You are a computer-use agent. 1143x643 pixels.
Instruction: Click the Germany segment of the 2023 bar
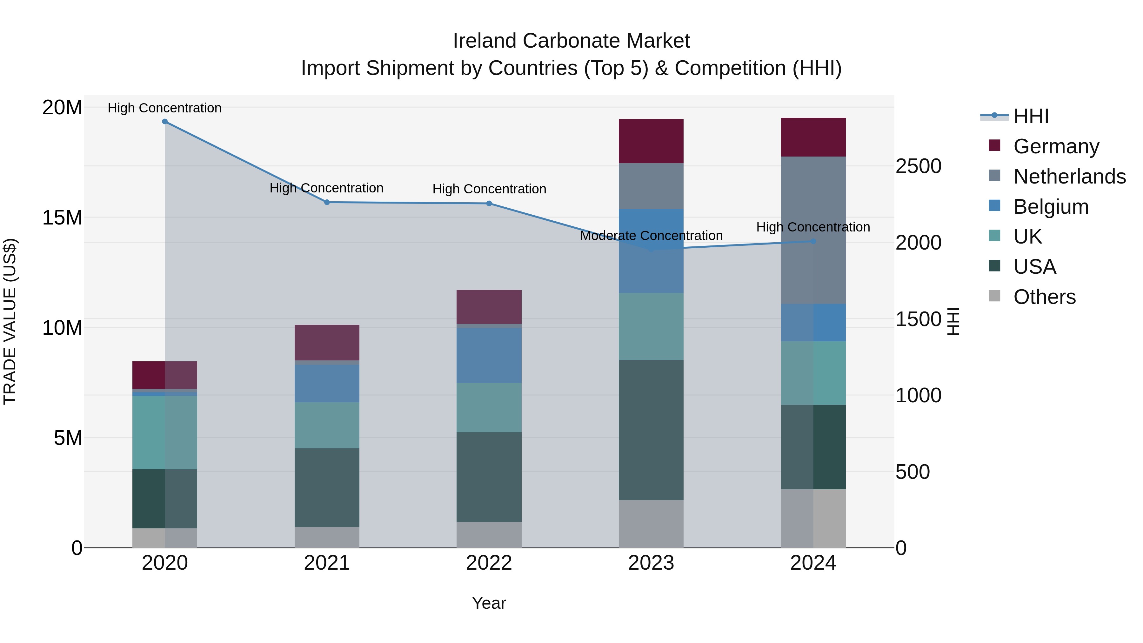[x=651, y=141]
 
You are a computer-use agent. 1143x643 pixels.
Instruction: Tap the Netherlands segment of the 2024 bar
[x=813, y=230]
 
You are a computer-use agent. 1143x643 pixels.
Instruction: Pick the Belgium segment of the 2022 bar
[x=489, y=355]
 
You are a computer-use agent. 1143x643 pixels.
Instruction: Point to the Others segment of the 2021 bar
[x=327, y=537]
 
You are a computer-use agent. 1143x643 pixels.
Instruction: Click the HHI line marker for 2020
[x=164, y=122]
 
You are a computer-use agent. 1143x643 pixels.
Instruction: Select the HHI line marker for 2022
[x=489, y=204]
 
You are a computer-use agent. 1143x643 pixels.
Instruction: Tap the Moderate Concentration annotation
[x=651, y=236]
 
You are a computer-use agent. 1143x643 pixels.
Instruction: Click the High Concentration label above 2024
[x=813, y=227]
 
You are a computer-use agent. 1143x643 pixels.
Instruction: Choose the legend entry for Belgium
[x=1051, y=207]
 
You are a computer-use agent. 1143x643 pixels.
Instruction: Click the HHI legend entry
[x=1031, y=116]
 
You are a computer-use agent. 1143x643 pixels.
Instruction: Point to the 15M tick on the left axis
[x=62, y=218]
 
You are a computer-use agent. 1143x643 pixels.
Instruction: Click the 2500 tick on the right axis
[x=918, y=166]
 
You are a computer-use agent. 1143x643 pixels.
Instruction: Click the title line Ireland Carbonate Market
[x=571, y=41]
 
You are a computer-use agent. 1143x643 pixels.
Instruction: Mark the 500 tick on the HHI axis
[x=912, y=472]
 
